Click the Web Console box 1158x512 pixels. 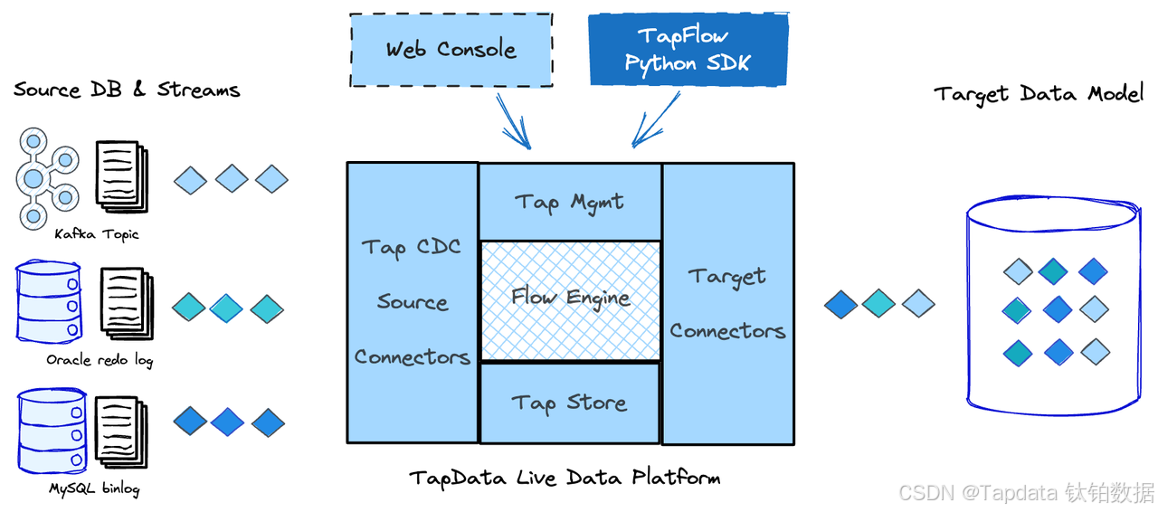451,50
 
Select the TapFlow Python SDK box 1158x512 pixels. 688,51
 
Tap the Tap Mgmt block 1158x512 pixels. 569,202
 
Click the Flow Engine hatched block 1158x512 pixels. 570,299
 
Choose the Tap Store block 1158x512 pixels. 569,403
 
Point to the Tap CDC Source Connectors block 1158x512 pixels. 413,303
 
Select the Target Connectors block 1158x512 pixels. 728,303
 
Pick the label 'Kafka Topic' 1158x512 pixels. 97,235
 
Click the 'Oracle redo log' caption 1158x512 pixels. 100,361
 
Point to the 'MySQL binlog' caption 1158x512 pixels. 94,489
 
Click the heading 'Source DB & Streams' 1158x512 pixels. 127,90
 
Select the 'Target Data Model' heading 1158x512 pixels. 1039,94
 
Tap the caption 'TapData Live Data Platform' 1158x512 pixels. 565,477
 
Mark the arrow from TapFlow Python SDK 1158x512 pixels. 655,121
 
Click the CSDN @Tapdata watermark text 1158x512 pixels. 1027,493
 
